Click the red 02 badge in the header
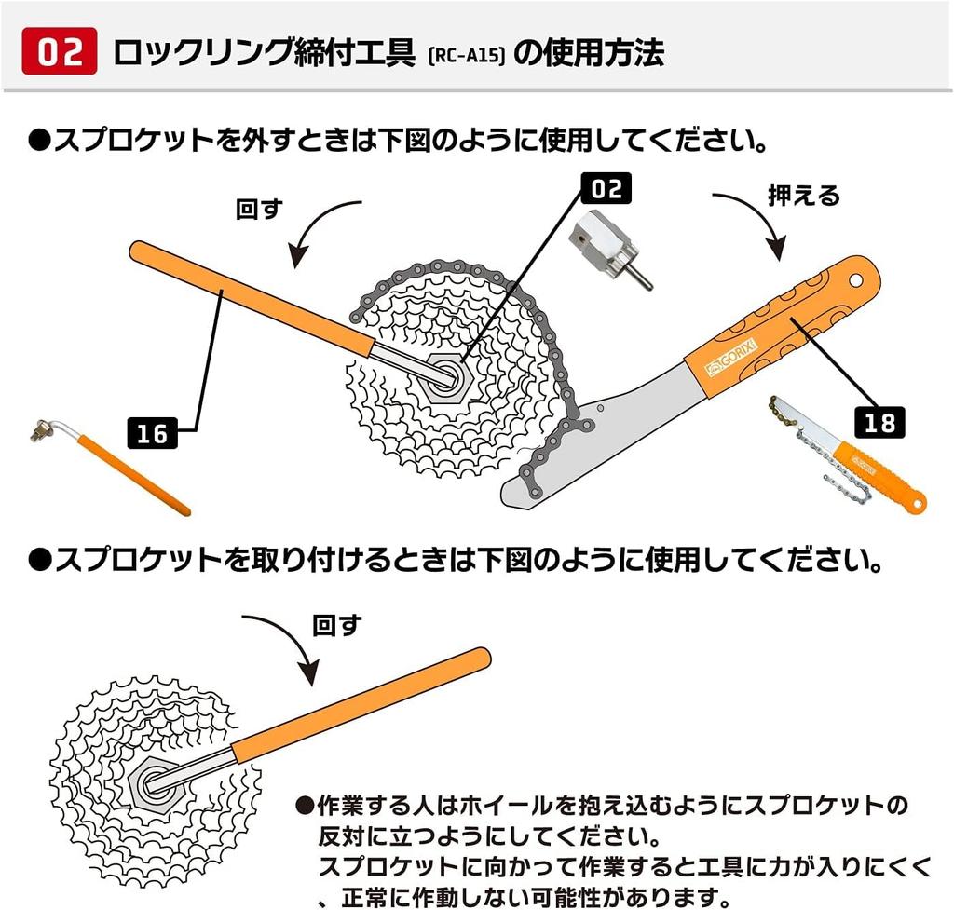(x=59, y=51)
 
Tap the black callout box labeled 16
(x=152, y=433)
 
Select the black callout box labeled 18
(x=879, y=422)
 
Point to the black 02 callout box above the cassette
(x=606, y=188)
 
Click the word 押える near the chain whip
(x=804, y=196)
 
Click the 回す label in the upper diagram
(x=259, y=210)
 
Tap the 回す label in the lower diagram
(x=336, y=625)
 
